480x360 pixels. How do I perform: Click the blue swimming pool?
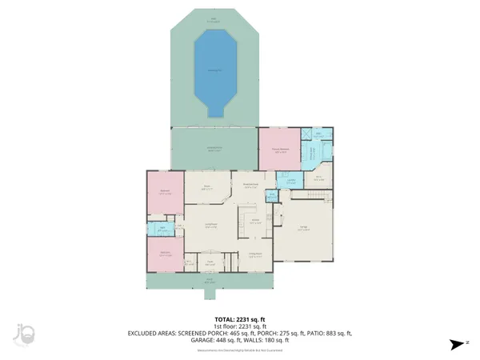[x=215, y=70]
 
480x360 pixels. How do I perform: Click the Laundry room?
[x=292, y=181]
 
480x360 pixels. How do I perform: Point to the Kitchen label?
[x=254, y=221]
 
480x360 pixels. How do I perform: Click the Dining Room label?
[x=254, y=256]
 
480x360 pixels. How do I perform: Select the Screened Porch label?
[x=215, y=148]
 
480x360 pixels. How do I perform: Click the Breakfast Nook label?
[x=250, y=185]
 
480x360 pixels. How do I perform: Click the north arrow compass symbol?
[x=457, y=345]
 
